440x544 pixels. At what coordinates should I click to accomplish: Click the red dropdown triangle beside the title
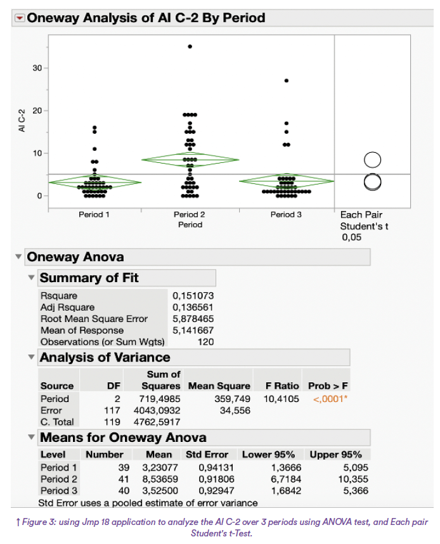(20, 18)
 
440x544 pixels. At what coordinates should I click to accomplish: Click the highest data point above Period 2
(190, 46)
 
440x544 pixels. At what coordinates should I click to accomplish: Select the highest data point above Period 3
(287, 81)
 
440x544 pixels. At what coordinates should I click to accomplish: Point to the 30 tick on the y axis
(37, 68)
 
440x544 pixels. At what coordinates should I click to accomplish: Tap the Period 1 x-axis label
(94, 214)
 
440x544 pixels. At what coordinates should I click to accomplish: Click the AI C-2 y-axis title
(22, 120)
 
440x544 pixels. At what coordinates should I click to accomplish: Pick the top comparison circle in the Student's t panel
(372, 160)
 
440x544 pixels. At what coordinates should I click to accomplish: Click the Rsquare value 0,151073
(193, 295)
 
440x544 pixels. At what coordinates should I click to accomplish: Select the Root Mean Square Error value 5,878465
(193, 318)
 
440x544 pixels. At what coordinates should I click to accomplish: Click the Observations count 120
(205, 342)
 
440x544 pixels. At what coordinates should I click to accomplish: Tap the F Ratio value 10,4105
(281, 399)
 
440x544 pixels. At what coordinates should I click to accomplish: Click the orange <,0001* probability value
(330, 399)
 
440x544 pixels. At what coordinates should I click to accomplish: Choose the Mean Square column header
(219, 385)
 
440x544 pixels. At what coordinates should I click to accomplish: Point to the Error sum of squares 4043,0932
(157, 410)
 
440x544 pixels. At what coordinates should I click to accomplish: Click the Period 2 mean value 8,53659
(160, 479)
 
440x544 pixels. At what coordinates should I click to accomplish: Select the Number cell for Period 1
(124, 468)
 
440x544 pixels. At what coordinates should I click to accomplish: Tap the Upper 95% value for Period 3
(356, 491)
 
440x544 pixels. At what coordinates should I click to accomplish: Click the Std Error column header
(207, 455)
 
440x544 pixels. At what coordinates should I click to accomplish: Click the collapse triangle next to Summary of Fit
(31, 278)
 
